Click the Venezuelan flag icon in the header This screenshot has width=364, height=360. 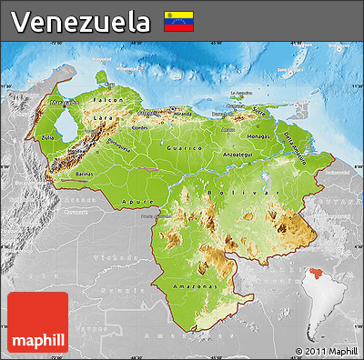pyautogui.click(x=177, y=21)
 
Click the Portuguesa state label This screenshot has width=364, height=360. pyautogui.click(x=121, y=143)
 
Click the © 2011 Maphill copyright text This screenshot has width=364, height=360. pyautogui.click(x=326, y=350)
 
